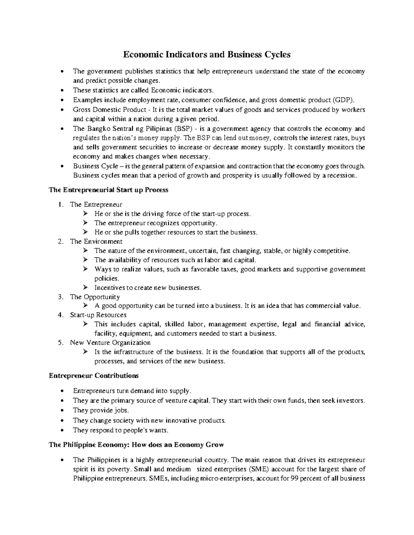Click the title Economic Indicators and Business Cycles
(x=207, y=54)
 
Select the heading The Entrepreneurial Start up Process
(x=109, y=190)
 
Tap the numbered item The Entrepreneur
(x=96, y=204)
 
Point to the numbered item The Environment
(x=96, y=241)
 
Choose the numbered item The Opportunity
(x=95, y=297)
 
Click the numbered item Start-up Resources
(x=98, y=315)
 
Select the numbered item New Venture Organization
(x=110, y=343)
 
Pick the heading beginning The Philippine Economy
(x=136, y=445)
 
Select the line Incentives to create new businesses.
(x=147, y=287)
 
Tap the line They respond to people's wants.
(x=121, y=430)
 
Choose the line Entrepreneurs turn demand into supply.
(x=131, y=391)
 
